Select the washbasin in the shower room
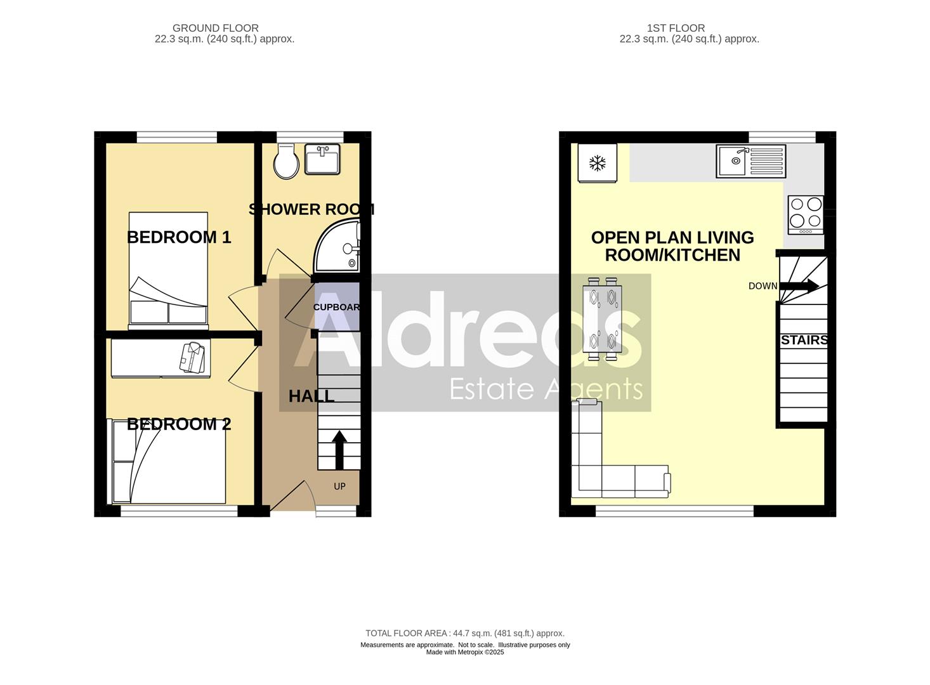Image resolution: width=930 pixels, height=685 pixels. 322,159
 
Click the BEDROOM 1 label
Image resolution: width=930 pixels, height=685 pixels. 179,237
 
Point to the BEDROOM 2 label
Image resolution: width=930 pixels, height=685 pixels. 179,424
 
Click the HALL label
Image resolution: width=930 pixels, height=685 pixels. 311,396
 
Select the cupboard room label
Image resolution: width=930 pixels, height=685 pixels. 337,307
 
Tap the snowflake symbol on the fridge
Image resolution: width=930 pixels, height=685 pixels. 597,163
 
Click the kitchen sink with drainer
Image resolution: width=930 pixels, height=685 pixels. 750,161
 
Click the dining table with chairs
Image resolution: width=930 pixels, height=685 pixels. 602,318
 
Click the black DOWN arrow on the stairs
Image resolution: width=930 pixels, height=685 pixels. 799,286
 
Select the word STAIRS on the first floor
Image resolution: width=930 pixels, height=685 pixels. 804,340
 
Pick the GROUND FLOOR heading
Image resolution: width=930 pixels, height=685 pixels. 215,28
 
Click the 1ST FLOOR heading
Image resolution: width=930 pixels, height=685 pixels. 676,28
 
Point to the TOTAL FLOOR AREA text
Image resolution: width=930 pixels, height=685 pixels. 464,633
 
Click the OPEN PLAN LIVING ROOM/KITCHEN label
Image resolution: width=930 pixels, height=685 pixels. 672,246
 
